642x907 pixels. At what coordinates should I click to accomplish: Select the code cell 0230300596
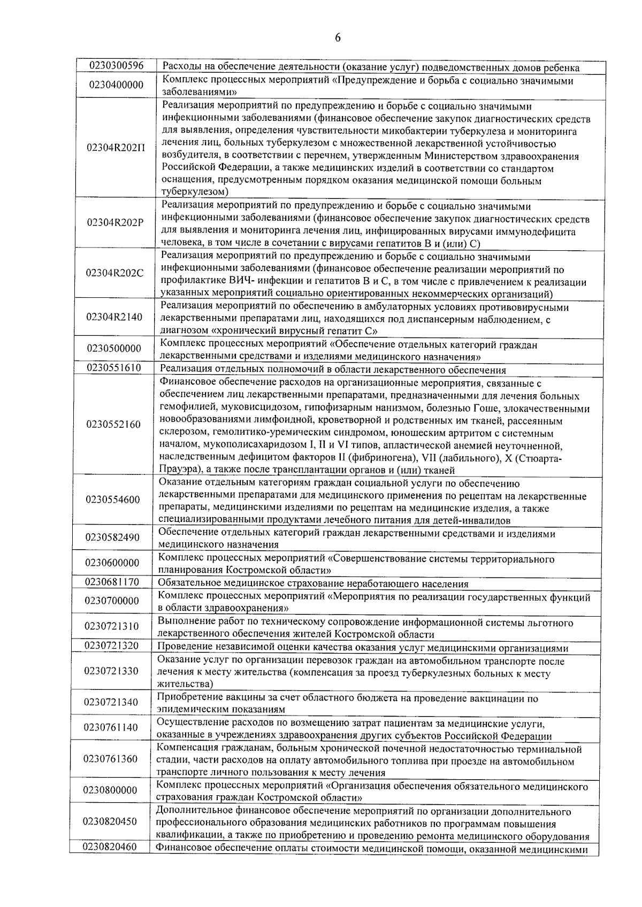[116, 66]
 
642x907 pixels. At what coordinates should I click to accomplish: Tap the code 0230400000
[116, 85]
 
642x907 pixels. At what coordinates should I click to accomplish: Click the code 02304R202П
[116, 148]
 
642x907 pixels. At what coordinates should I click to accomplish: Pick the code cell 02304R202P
[116, 222]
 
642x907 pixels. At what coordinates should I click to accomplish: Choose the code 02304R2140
[114, 317]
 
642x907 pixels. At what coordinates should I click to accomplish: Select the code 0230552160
[113, 425]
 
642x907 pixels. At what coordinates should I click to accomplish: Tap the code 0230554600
[113, 499]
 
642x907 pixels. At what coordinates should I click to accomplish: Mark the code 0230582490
[113, 537]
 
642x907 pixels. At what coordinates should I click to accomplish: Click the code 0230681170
[112, 581]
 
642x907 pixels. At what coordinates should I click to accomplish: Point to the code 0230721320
[112, 645]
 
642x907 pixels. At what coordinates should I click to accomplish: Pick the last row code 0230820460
[110, 847]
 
